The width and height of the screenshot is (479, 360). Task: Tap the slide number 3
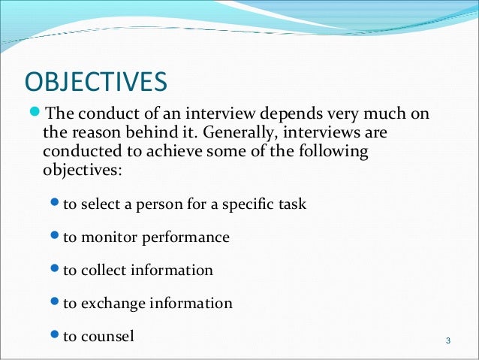point(447,343)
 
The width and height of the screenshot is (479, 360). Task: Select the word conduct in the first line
point(101,115)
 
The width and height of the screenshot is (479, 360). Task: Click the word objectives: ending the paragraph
point(78,171)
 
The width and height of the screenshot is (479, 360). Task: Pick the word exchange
point(111,304)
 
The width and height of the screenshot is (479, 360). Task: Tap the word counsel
point(108,337)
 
